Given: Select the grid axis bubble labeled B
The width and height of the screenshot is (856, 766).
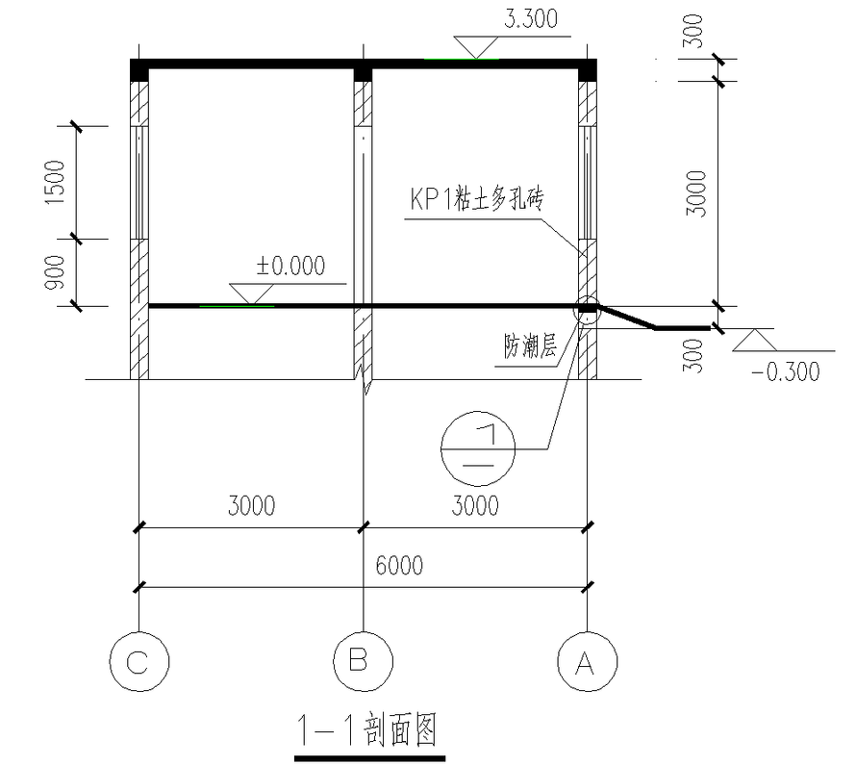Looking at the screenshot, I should click(x=363, y=660).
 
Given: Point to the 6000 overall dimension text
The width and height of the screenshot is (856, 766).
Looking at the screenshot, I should click(x=398, y=566).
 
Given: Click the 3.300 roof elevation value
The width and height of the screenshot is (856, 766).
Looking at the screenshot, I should click(x=530, y=18).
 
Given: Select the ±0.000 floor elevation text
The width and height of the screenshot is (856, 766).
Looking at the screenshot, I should click(x=290, y=266).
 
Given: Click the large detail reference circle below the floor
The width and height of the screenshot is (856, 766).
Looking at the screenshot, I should click(x=478, y=448).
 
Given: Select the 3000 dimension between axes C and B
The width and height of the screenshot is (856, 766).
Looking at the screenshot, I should click(x=251, y=506).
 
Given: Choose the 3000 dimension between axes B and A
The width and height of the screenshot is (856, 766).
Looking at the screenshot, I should click(x=475, y=506).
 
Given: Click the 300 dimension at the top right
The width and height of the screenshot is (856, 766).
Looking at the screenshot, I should click(x=696, y=36).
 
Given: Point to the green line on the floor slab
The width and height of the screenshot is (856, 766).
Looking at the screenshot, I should click(x=237, y=307).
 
